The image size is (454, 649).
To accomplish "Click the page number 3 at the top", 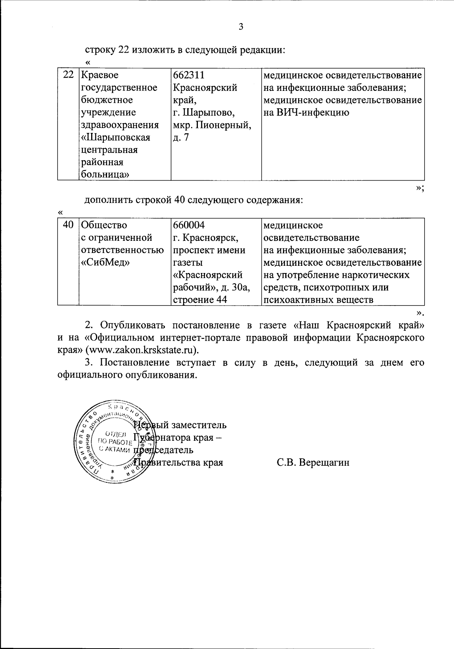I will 241,27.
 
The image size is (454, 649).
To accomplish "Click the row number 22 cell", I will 68,75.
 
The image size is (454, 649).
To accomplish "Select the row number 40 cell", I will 68,225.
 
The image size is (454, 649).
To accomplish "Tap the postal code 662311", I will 189,75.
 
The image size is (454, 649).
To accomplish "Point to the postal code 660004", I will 189,225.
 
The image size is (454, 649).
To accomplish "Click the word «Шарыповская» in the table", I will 116,137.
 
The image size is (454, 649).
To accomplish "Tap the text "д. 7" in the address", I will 181,137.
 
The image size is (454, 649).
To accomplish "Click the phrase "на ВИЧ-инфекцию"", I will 306,112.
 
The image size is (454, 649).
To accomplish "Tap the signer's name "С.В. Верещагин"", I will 313,462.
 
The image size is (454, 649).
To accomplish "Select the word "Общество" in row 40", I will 104,225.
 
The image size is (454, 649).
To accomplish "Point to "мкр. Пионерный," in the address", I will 212,125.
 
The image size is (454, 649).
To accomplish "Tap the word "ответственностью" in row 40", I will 123,250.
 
